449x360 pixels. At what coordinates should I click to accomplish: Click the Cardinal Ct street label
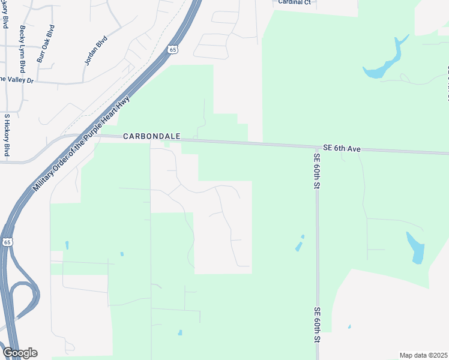coord(294,2)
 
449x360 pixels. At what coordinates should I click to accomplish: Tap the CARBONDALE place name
coord(152,137)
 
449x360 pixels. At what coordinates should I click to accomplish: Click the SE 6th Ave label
coord(342,148)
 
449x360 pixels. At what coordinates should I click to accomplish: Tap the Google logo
coord(20,353)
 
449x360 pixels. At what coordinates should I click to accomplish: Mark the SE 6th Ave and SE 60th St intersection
coord(316,147)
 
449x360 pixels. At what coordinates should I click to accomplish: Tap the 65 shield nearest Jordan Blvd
coord(173,50)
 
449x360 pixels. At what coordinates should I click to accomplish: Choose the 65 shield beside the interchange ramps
coord(7,242)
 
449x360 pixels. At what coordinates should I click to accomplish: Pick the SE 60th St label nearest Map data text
coord(316,326)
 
